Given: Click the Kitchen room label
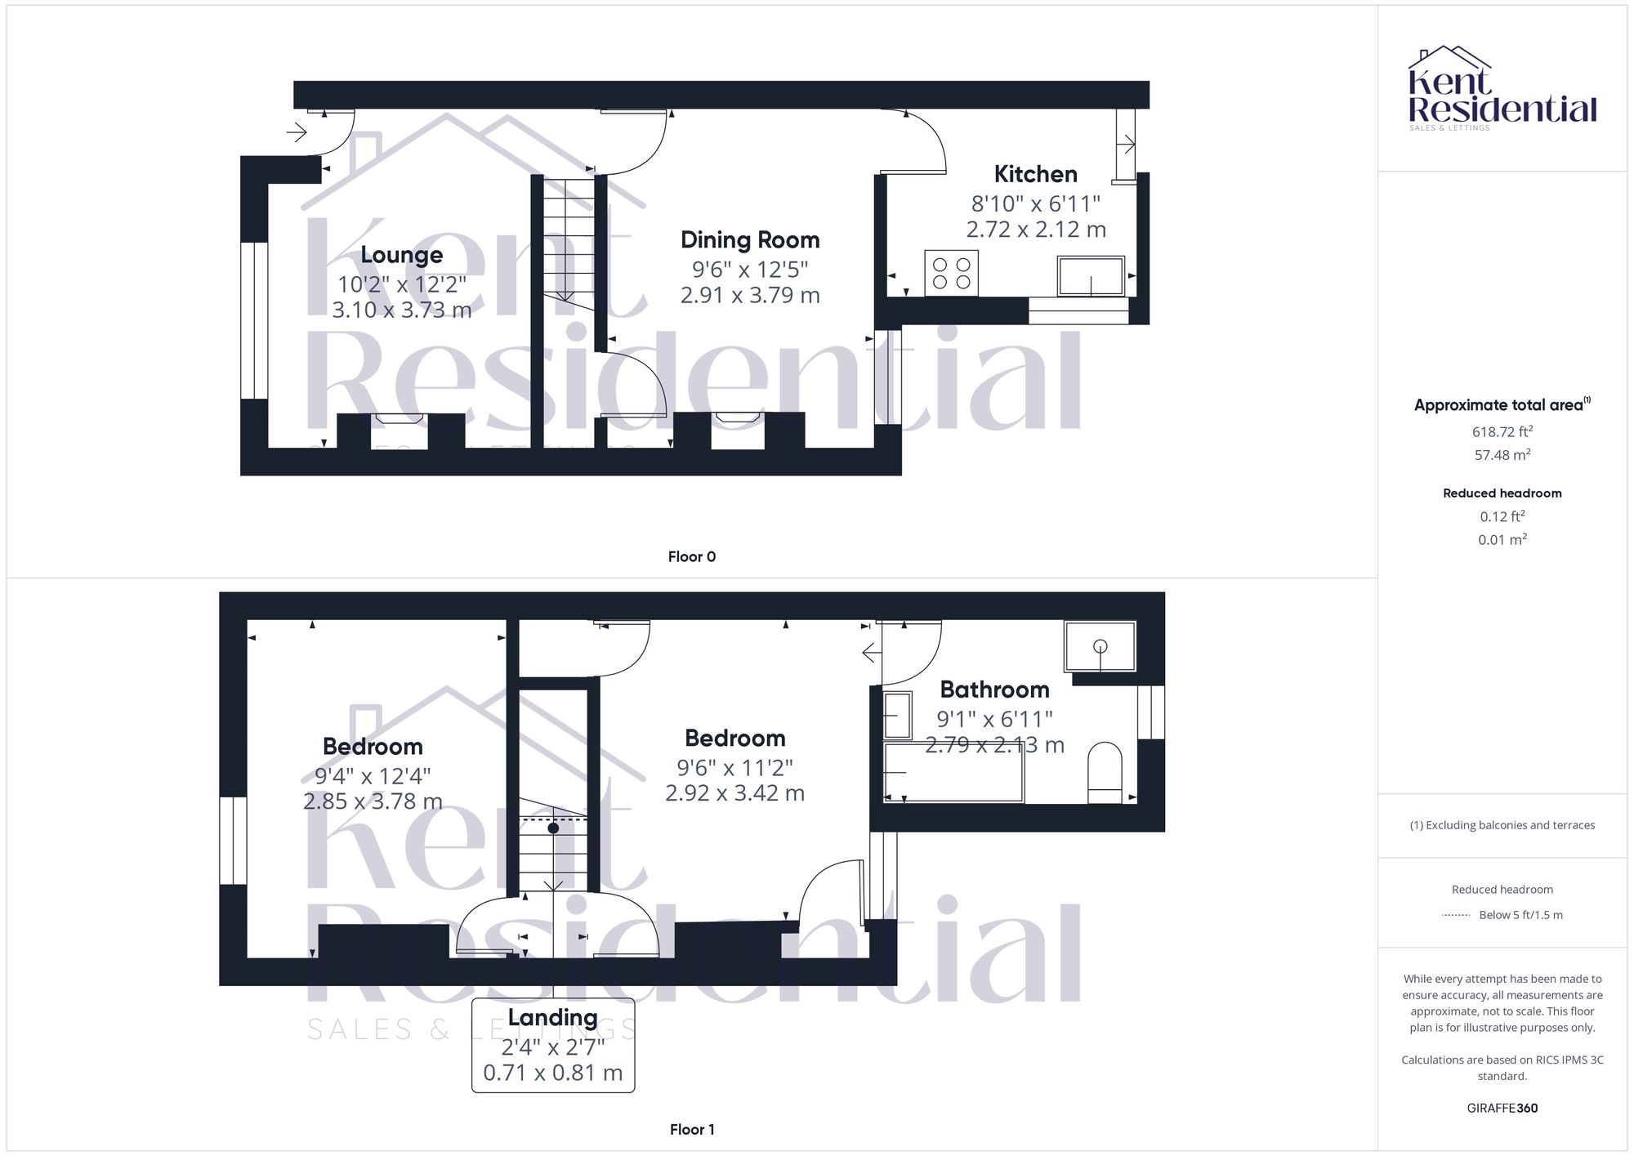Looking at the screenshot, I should coord(1035,174).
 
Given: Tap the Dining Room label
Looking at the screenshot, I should coord(750,240).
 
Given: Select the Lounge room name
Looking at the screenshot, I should coord(401,255).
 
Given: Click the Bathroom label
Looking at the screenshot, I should coord(994,690).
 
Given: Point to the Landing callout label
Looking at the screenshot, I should coord(552,1018).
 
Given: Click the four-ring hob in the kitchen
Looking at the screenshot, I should coord(952,274).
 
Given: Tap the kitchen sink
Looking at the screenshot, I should coord(1091,275).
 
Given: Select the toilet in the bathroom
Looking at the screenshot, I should coord(1105,773).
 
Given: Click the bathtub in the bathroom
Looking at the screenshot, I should coord(953,772).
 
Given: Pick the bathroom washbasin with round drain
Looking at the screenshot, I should coord(1100,646).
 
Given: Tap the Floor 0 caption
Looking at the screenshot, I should coord(691,557).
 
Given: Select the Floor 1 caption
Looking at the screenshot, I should coord(691,1130).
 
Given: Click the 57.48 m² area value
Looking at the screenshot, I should coord(1502,455).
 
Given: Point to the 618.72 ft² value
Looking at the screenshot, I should coord(1502,432).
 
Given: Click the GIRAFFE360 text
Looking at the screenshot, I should coord(1502,1109).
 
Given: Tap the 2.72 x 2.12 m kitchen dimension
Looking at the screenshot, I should coord(1035,230).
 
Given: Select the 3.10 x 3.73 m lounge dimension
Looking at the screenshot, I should coord(401,310).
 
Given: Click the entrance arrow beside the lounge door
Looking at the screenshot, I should coord(297,132).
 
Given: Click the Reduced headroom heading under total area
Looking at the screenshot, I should coord(1502,493).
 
